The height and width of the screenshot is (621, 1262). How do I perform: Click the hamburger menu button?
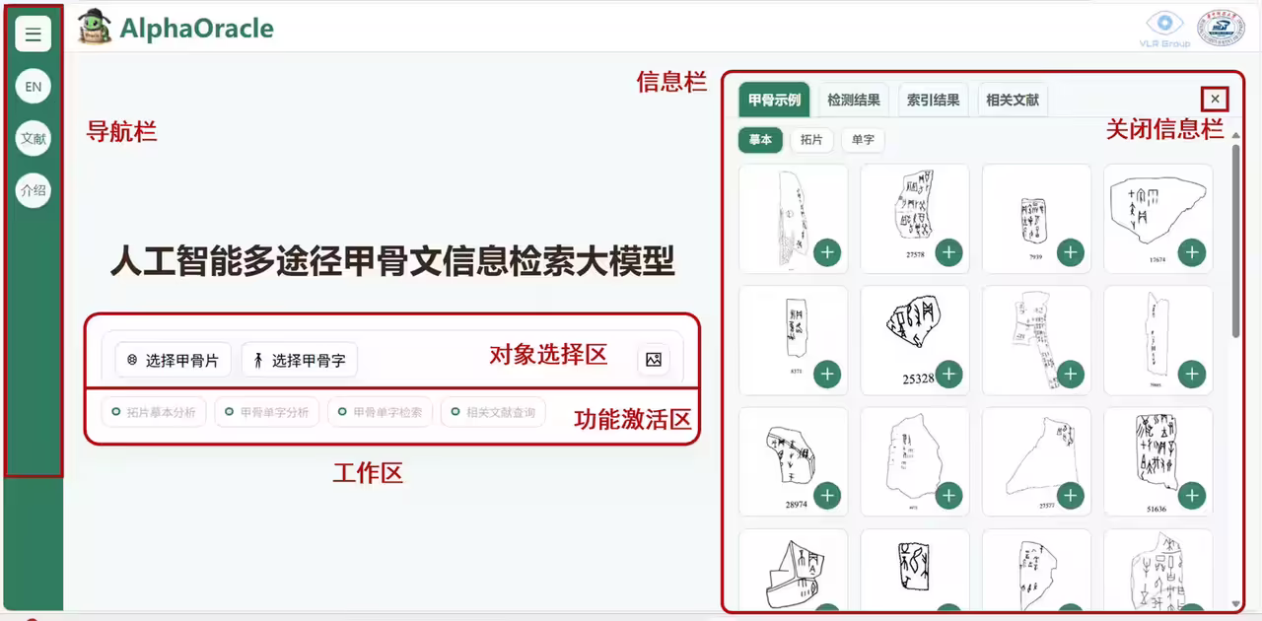pos(34,34)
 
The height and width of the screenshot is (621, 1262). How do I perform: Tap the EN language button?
pos(34,87)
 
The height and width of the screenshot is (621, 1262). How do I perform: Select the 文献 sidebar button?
pos(34,139)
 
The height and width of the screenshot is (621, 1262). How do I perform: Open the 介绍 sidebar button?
pos(34,191)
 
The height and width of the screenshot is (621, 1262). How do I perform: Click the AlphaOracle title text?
pos(196,29)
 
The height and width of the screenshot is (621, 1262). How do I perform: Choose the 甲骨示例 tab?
pos(774,100)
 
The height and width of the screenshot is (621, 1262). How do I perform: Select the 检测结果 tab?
pos(854,100)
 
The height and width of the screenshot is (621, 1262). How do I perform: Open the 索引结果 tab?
pos(933,100)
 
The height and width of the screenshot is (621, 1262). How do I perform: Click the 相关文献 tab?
pos(1013,100)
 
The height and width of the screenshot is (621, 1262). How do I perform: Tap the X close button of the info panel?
pos(1216,99)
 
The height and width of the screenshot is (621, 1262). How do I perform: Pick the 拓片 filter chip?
pos(811,140)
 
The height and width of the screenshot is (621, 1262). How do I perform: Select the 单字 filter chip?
pos(863,140)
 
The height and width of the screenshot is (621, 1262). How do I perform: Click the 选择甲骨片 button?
pos(174,361)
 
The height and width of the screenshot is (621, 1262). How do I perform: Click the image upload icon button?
pos(653,360)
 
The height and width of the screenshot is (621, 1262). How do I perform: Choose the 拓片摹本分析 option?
pos(154,412)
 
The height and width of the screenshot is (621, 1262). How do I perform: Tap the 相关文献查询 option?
pos(493,412)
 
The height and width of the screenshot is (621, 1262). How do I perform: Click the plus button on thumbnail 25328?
pos(948,375)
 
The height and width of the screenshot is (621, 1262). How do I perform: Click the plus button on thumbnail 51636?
pos(1192,497)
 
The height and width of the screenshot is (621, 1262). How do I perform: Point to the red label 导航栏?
pos(121,131)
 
